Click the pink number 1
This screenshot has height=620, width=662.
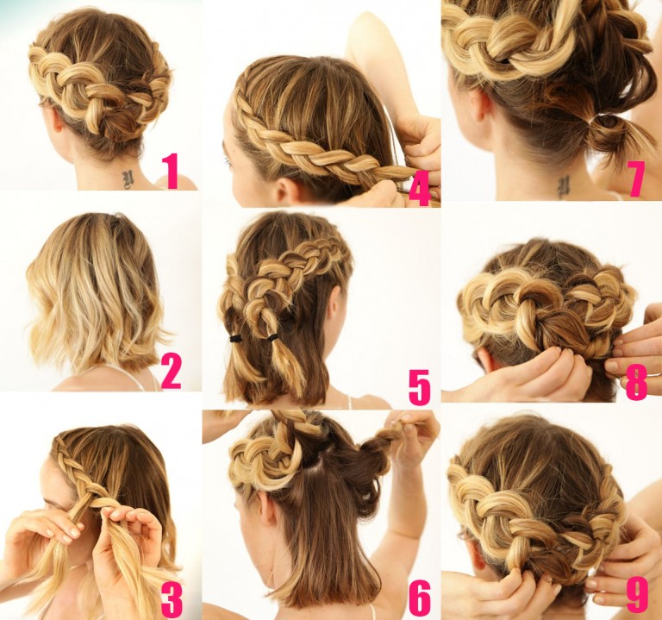[x=172, y=169]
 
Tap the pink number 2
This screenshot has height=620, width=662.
[x=171, y=372]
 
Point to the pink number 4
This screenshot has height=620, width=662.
[x=419, y=188]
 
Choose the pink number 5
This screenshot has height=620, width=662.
[x=419, y=386]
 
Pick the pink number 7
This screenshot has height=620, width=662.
[x=636, y=179]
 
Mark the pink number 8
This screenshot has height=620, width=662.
[x=636, y=383]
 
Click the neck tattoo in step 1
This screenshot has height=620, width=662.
[x=128, y=178]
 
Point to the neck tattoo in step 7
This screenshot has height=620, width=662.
[x=563, y=185]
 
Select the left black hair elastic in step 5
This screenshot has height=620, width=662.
[x=235, y=338]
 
